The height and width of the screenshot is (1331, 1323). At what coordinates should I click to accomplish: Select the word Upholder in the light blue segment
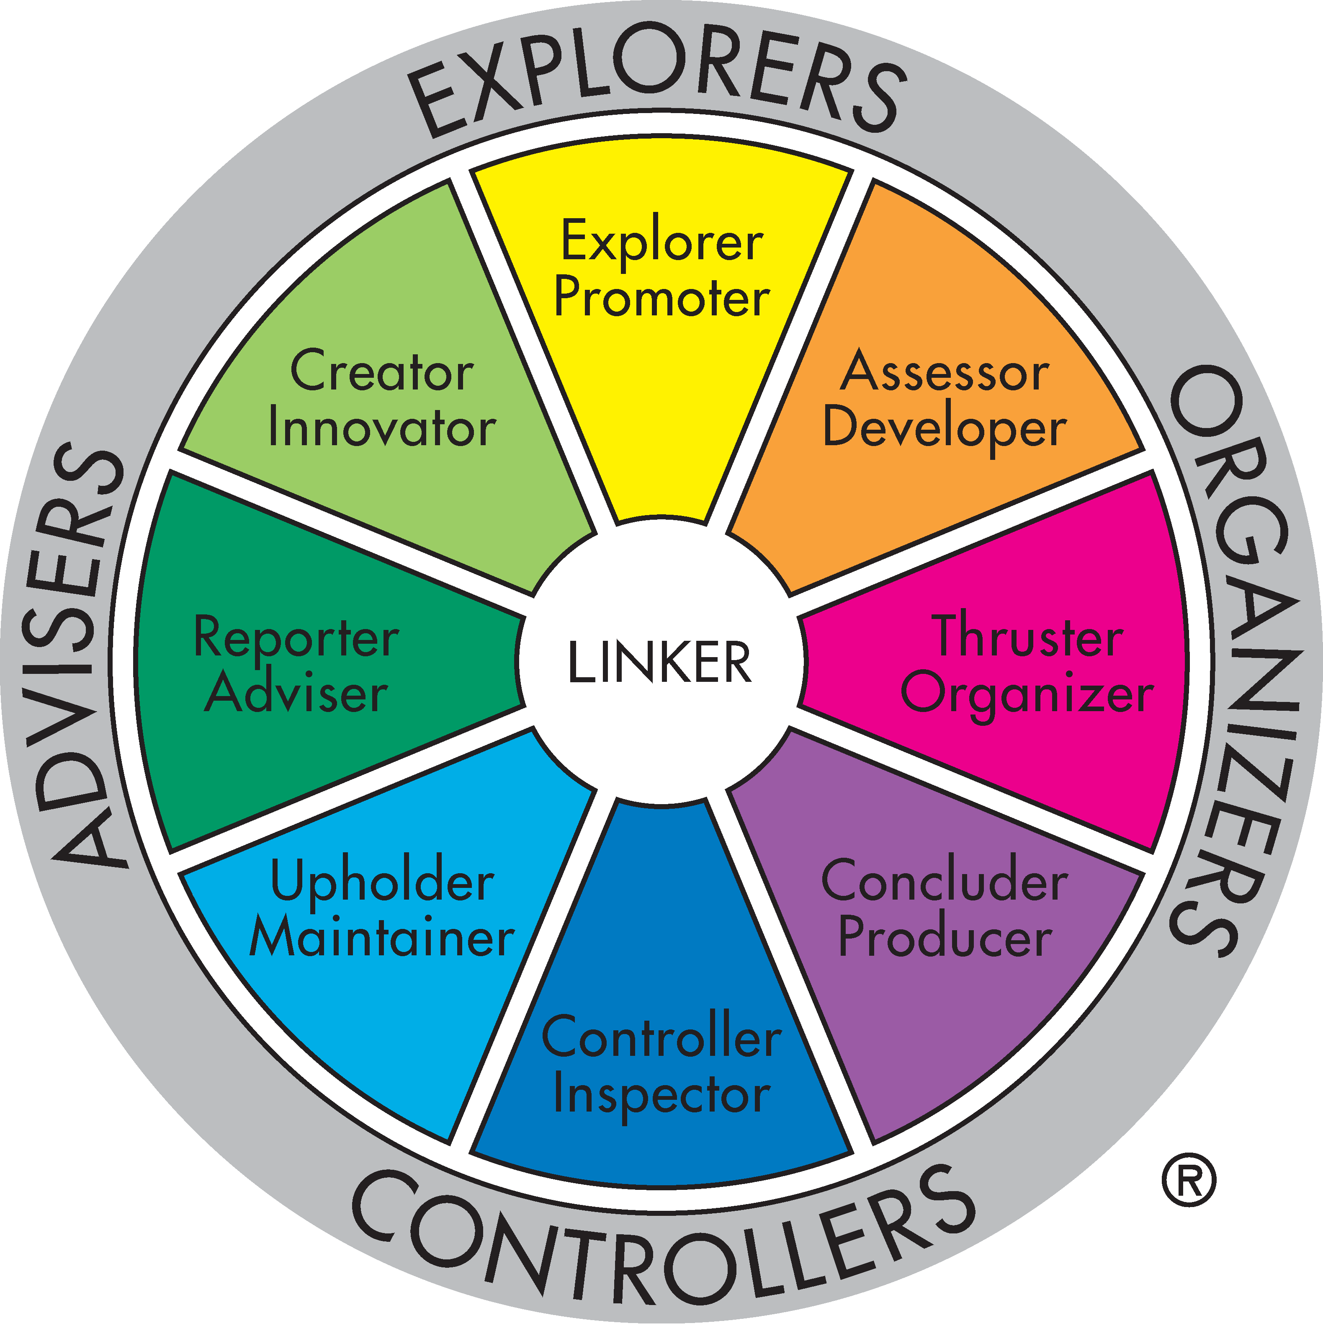pos(382,882)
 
